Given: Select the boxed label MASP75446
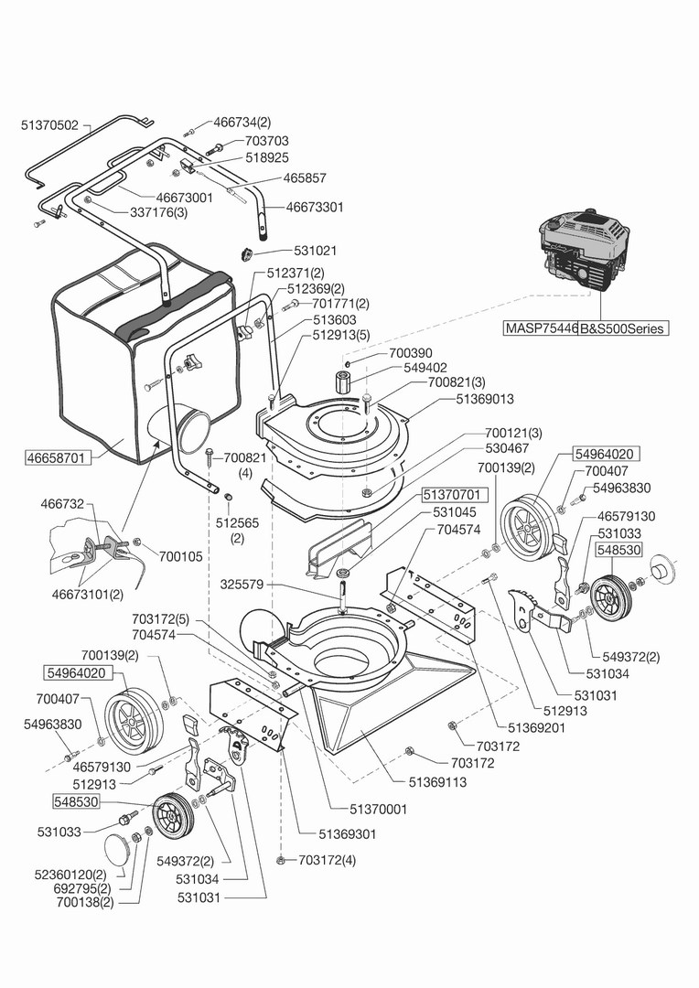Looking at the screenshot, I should (x=541, y=328).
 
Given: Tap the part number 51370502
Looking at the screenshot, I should (x=50, y=124).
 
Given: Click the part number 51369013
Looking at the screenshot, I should (x=485, y=399).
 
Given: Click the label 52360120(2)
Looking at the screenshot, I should (x=72, y=875).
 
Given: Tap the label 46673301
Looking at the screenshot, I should (x=315, y=208).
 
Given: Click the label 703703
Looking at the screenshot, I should (x=267, y=142).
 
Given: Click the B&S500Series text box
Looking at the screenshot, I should (x=623, y=328).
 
